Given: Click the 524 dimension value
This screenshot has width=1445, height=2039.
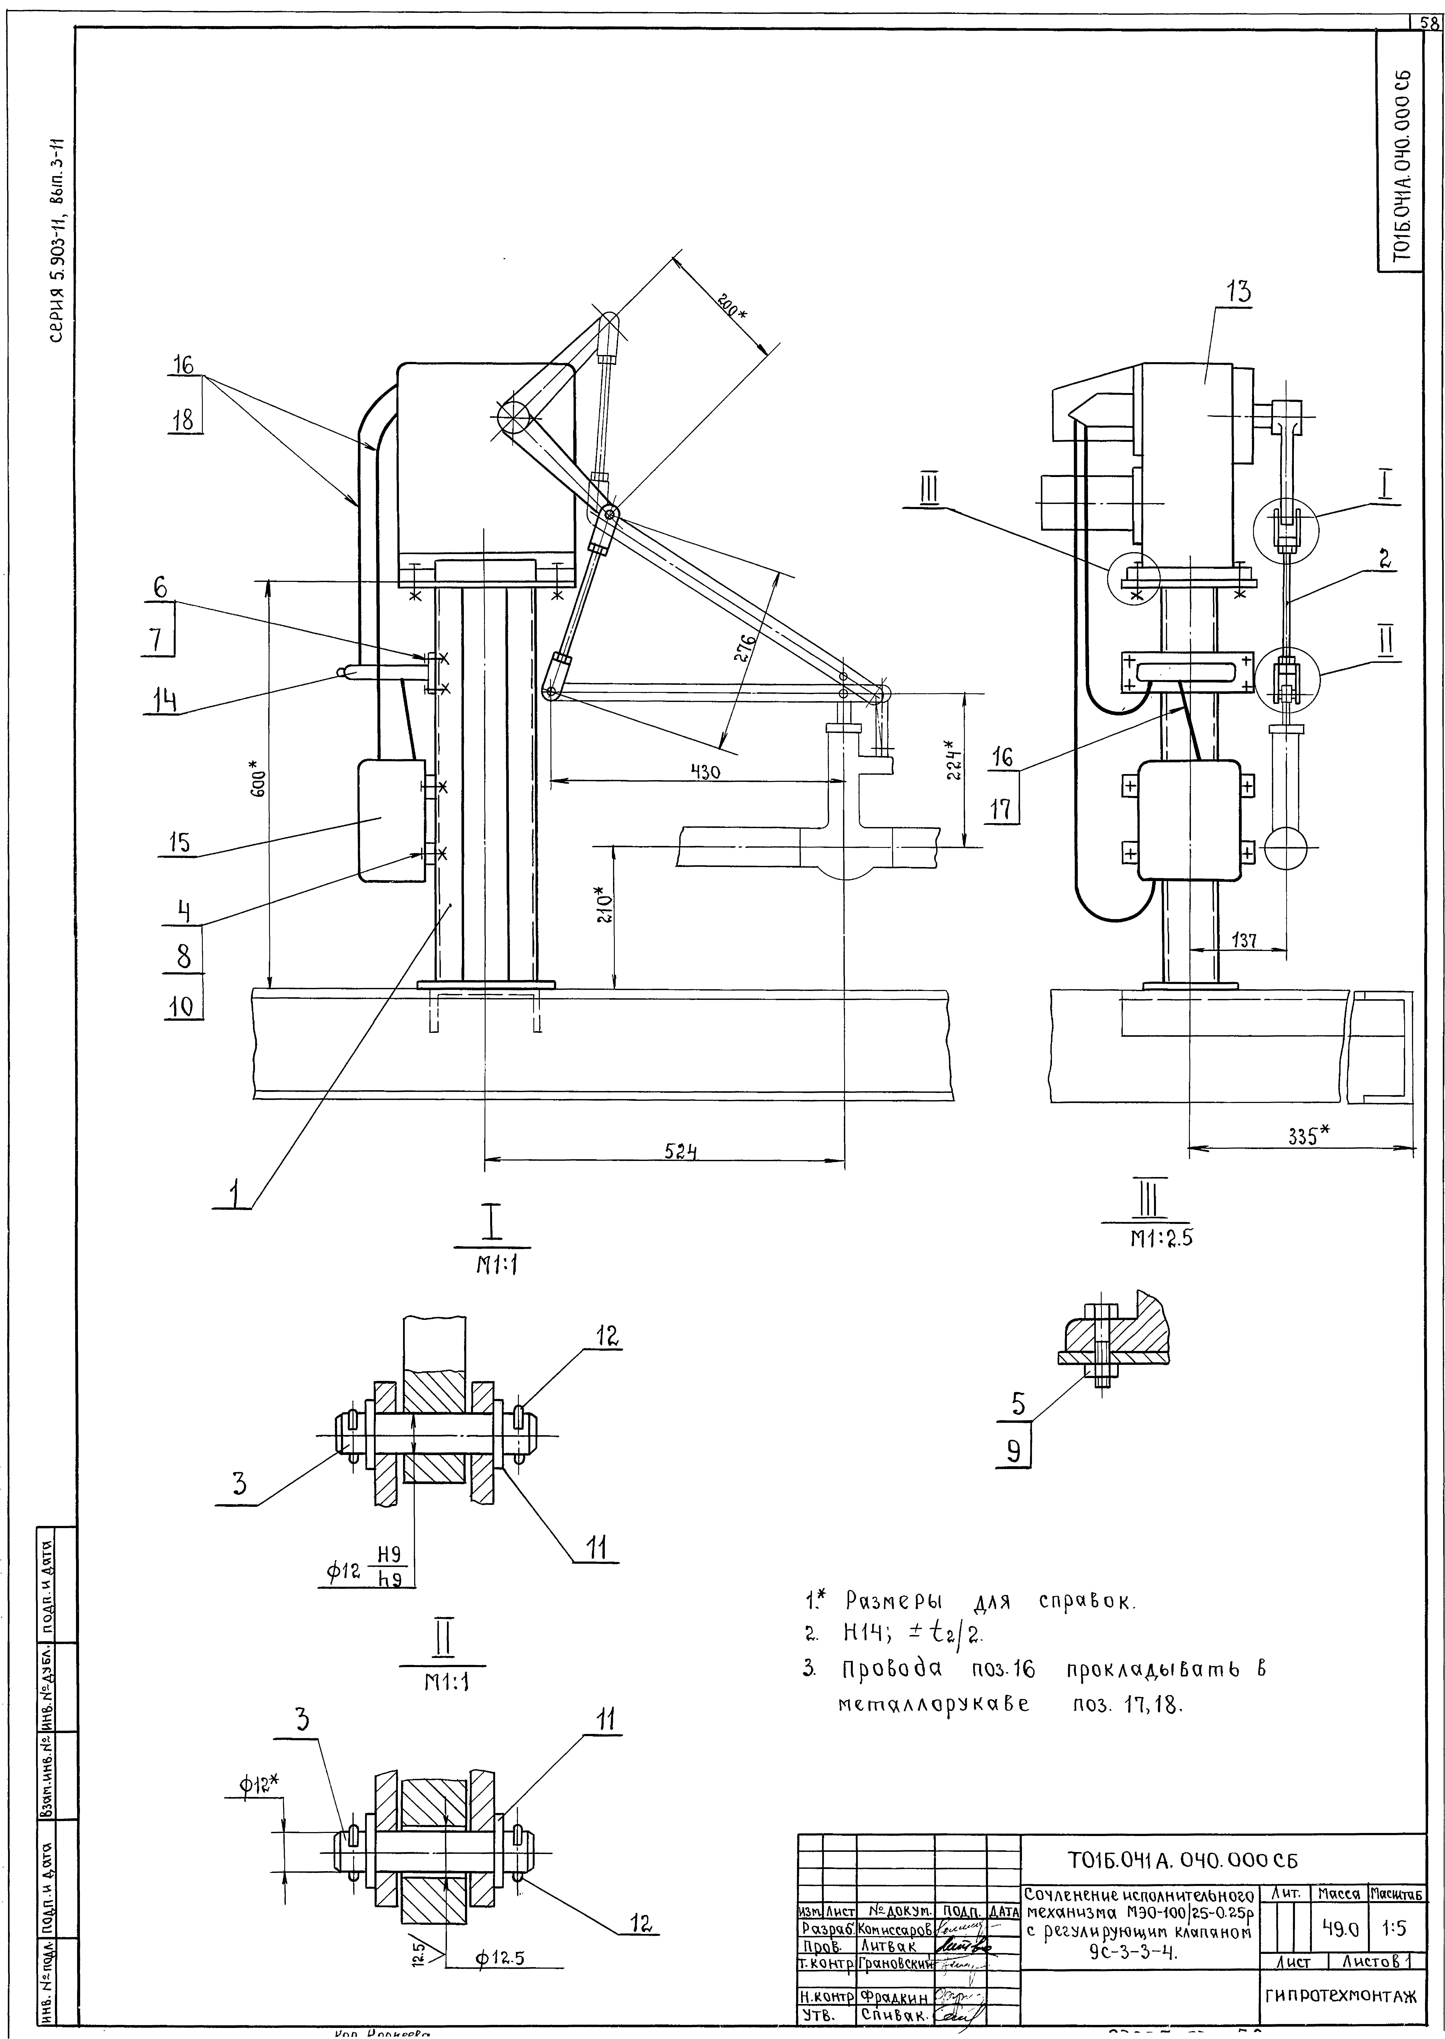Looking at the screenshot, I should pyautogui.click(x=680, y=1149).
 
